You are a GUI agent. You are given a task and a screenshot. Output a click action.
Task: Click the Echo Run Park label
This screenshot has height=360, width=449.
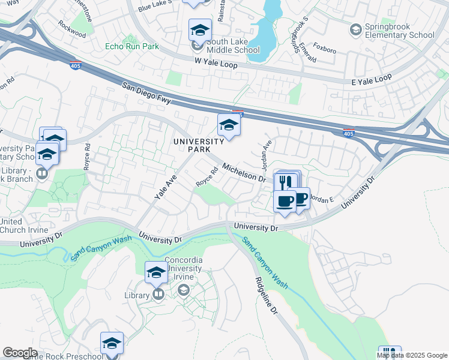[x=131, y=46]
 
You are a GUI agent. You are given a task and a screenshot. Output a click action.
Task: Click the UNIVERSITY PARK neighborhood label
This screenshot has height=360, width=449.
[x=198, y=145]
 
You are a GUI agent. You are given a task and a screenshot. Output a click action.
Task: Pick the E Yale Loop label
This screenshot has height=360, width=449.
[x=372, y=79]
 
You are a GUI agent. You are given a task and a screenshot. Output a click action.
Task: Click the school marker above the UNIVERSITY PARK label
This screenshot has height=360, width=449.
[x=229, y=125]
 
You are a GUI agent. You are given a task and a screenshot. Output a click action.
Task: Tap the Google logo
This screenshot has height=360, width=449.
[x=20, y=353]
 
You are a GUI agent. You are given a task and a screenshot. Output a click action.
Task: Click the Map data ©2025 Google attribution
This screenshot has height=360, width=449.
[x=412, y=355]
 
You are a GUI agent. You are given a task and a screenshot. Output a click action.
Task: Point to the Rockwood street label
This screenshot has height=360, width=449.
[x=72, y=28]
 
